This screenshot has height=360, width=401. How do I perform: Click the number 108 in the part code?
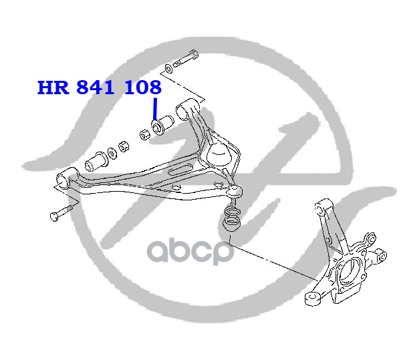coord(143,87)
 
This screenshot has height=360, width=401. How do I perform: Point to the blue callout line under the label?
coord(155,109)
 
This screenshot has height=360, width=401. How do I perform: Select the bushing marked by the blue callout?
coord(162,124)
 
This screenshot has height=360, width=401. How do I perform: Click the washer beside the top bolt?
coord(167,67)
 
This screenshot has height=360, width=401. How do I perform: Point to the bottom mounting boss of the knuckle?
coord(312,297)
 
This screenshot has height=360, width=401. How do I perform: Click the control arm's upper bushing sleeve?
coord(186,106)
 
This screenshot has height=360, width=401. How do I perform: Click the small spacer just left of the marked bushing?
coord(144,134)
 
